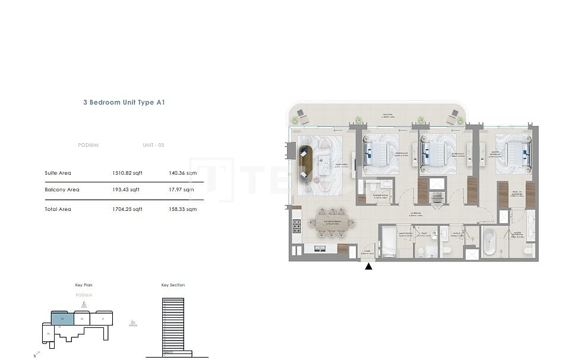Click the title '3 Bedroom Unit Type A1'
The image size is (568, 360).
pos(124,102)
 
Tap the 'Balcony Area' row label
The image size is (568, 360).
pos(62,190)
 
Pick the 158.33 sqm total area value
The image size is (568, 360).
pos(183,209)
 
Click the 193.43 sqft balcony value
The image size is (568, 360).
pos(126,190)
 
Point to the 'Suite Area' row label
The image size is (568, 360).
pos(58,173)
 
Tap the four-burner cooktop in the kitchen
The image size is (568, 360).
pos(296,226)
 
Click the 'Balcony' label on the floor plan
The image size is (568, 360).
pos(389,117)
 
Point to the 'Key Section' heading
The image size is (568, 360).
pos(173,285)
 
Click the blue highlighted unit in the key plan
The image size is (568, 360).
pos(62,318)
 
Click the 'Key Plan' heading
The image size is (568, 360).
pos(84,285)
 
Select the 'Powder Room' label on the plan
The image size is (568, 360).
pos(380,197)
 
